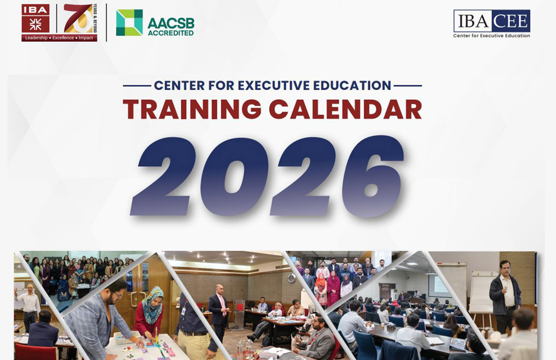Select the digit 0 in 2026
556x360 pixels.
(x=234, y=176)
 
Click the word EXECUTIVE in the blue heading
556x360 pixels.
(x=274, y=85)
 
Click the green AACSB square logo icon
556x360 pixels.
(x=129, y=23)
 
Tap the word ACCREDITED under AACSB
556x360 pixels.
(x=171, y=33)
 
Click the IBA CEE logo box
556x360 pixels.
(x=492, y=21)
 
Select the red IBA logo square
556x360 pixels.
(x=36, y=19)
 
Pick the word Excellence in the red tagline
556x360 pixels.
(x=63, y=38)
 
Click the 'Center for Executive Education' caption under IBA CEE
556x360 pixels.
(x=492, y=36)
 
